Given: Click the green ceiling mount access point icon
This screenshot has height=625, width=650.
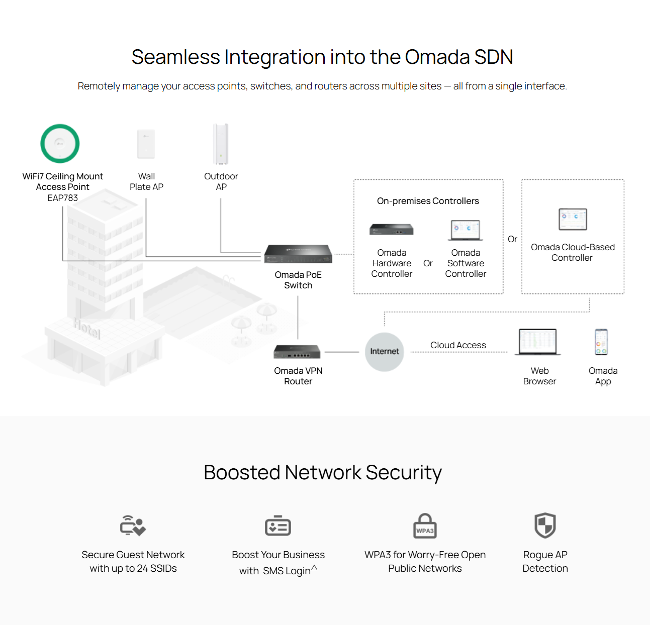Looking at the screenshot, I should (60, 144).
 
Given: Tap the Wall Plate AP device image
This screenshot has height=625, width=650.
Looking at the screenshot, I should (146, 144).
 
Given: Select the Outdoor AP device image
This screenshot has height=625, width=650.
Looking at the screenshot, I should (221, 144).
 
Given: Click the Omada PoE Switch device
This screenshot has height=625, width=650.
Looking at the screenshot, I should (298, 254).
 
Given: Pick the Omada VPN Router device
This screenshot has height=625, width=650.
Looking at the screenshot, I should (297, 352).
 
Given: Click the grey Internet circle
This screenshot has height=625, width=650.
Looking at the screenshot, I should (385, 352).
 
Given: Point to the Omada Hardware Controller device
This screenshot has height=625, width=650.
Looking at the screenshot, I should (392, 230).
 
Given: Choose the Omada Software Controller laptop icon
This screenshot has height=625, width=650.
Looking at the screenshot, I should (466, 230).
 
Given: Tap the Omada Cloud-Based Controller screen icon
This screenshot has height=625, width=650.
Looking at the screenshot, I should (573, 220).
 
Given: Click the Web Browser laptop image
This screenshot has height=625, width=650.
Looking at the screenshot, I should (538, 342).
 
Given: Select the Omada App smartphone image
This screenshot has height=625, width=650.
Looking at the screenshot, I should (601, 342).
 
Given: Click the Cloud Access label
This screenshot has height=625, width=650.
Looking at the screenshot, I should (458, 345).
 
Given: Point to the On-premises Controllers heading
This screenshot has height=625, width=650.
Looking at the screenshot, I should (428, 201).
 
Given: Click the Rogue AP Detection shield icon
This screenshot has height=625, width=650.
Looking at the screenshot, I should (545, 525).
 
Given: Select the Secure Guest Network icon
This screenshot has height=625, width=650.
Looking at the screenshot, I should (133, 526).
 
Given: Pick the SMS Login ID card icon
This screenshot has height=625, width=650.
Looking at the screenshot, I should (278, 526).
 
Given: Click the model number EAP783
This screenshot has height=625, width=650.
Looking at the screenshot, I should (63, 198).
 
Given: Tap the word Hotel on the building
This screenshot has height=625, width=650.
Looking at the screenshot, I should (87, 329).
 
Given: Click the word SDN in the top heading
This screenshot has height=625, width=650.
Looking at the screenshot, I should (493, 57).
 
